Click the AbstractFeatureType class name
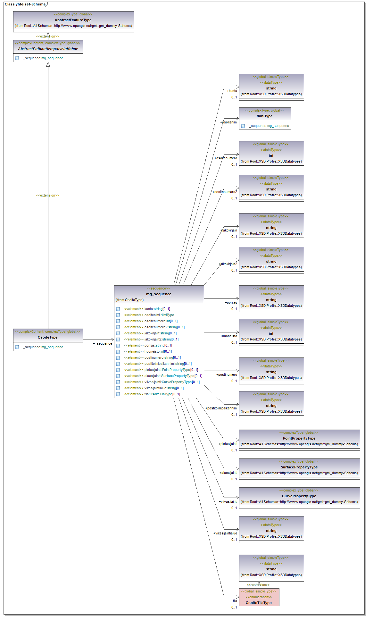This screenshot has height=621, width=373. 73,20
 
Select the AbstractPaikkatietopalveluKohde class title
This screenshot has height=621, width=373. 48,49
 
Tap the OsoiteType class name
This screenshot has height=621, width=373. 48,337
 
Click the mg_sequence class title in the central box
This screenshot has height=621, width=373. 159,294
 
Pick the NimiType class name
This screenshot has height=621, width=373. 264,116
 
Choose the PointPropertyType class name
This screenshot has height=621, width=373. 299,438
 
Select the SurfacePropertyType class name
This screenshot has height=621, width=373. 299,467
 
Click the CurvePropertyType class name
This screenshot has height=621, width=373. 299,496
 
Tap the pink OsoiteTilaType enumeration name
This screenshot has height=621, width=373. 259,603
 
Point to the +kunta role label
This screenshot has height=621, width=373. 232,91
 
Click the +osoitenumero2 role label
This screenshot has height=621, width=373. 225,192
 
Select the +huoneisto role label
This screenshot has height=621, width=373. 228,336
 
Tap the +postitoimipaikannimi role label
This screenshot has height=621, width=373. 221,408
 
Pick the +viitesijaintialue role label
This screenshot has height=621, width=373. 225,533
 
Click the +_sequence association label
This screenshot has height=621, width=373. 103,343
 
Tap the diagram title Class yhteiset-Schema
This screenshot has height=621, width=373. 25,4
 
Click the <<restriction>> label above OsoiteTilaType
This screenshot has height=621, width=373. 258,585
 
